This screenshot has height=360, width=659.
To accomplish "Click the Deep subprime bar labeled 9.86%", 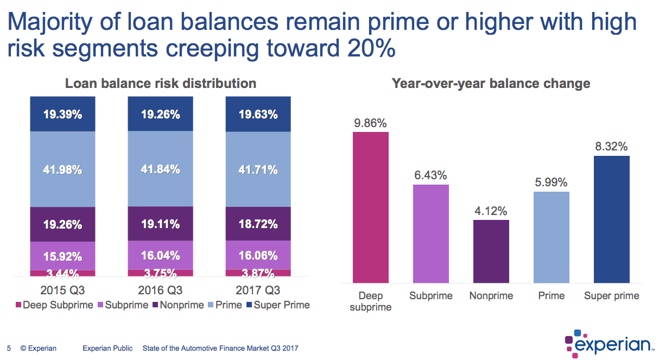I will (x=371, y=207).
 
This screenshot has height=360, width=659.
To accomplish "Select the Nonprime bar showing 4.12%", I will (x=491, y=251).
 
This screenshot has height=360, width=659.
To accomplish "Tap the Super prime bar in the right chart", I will (x=612, y=219).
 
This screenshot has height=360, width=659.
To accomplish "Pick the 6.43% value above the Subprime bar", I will (x=431, y=175).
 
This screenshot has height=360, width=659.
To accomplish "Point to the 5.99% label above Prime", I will (x=552, y=182).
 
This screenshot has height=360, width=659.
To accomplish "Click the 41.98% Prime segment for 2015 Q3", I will (x=62, y=169).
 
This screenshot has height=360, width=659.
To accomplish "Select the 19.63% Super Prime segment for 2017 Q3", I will (x=258, y=114).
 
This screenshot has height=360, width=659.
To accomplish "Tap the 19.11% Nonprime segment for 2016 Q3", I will (x=160, y=224).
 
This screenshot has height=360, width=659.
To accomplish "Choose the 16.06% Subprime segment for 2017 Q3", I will (x=258, y=255).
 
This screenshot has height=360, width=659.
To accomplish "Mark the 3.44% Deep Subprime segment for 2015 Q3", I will (x=62, y=273).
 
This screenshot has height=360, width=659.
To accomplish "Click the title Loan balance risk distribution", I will (x=161, y=84).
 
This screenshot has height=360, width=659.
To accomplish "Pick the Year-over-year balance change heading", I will (x=491, y=84).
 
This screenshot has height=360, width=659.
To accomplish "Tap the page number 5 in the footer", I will (x=9, y=348).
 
